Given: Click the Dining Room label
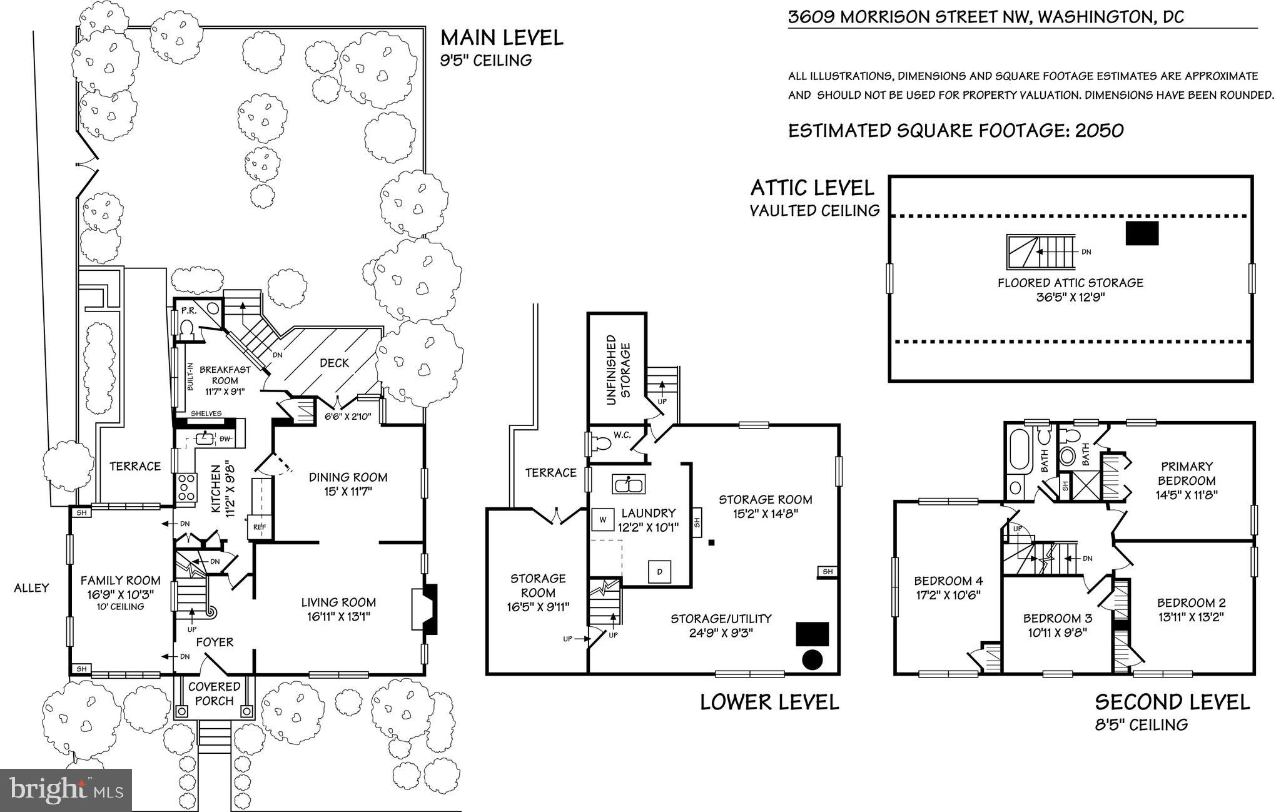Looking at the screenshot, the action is tap(348, 477).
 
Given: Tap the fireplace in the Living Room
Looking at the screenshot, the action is tap(424, 609).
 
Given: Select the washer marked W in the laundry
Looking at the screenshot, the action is tap(603, 519).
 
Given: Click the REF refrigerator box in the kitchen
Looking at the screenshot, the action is tap(259, 527).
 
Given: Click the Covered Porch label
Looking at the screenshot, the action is tap(214, 694).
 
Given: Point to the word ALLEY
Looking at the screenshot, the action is tap(31, 587).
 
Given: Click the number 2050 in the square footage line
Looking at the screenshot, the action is tap(1099, 131).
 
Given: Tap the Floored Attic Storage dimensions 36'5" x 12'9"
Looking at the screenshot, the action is tap(1070, 297).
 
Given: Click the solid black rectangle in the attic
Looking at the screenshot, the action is tap(1142, 233).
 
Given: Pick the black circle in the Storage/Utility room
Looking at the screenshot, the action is tap(812, 659).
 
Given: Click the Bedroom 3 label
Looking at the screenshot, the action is tap(1057, 619).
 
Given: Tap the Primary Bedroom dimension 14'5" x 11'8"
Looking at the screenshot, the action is tap(1186, 494).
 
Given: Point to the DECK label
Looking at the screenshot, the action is tap(335, 363).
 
